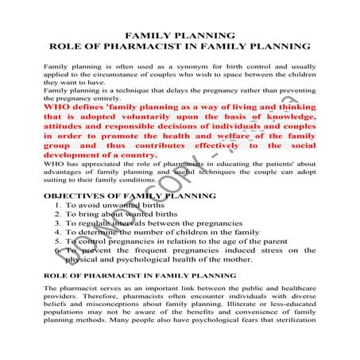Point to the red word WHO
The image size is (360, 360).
click(57, 105)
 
